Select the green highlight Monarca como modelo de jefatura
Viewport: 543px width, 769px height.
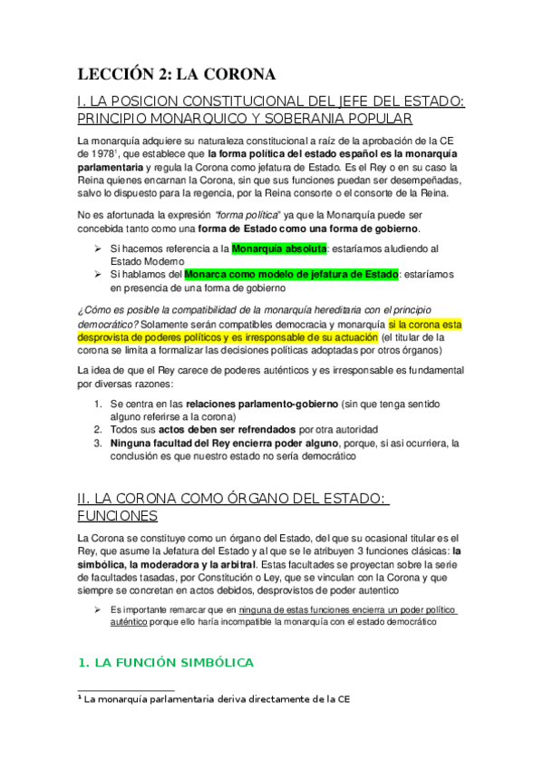[x=290, y=274]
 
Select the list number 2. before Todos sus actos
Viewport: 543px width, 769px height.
[x=98, y=429]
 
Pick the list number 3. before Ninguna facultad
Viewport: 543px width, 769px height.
[x=98, y=443]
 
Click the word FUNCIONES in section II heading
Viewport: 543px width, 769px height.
[x=118, y=515]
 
